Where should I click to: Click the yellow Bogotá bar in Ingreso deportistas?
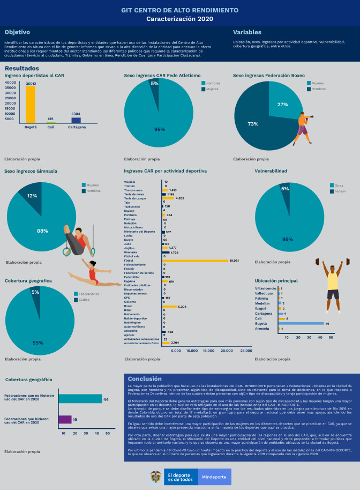pyautogui.click(x=31, y=105)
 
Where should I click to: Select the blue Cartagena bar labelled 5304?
pyautogui.click(x=76, y=120)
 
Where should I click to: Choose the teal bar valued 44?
pyautogui.click(x=80, y=398)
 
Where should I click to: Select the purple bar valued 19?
pyautogui.click(x=65, y=419)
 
